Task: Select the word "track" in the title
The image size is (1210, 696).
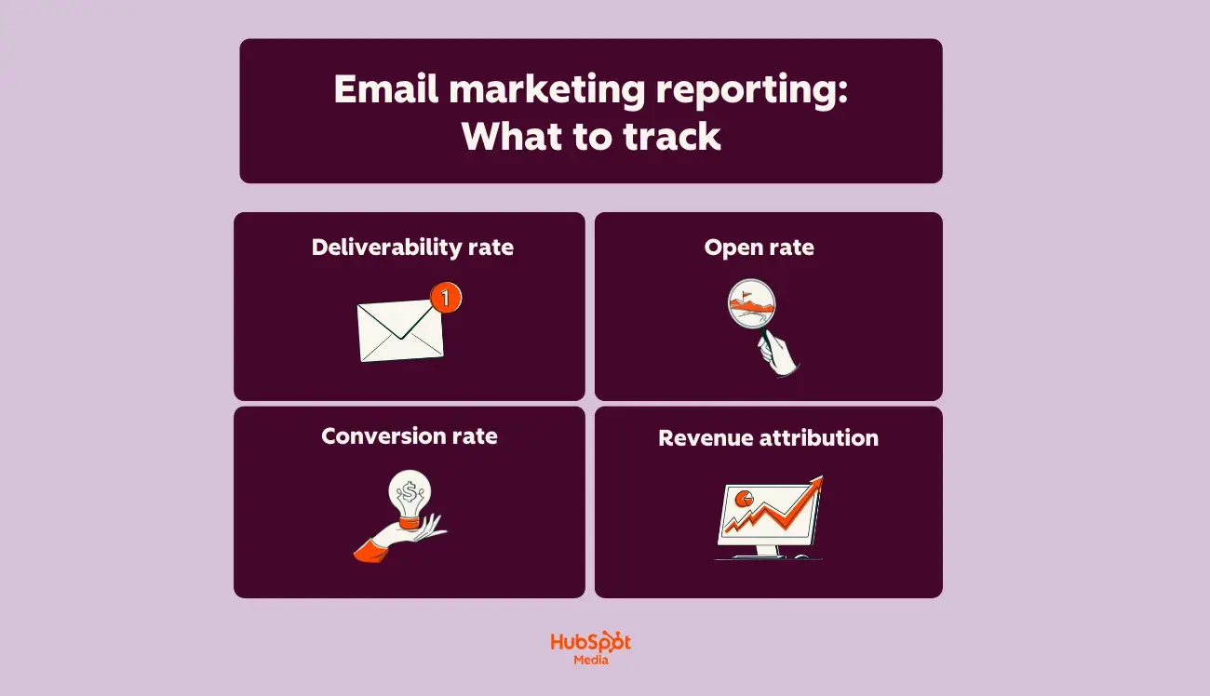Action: click(x=672, y=137)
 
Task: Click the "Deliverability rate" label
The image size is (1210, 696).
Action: click(x=412, y=248)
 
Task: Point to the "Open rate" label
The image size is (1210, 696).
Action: click(x=759, y=248)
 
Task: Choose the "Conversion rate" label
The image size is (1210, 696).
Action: click(x=410, y=436)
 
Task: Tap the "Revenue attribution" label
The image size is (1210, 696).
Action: click(x=768, y=438)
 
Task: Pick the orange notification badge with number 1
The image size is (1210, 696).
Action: click(x=446, y=298)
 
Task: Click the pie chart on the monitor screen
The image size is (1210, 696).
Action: click(x=744, y=500)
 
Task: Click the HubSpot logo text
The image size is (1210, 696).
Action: click(x=590, y=642)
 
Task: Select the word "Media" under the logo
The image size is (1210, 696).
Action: click(x=591, y=660)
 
